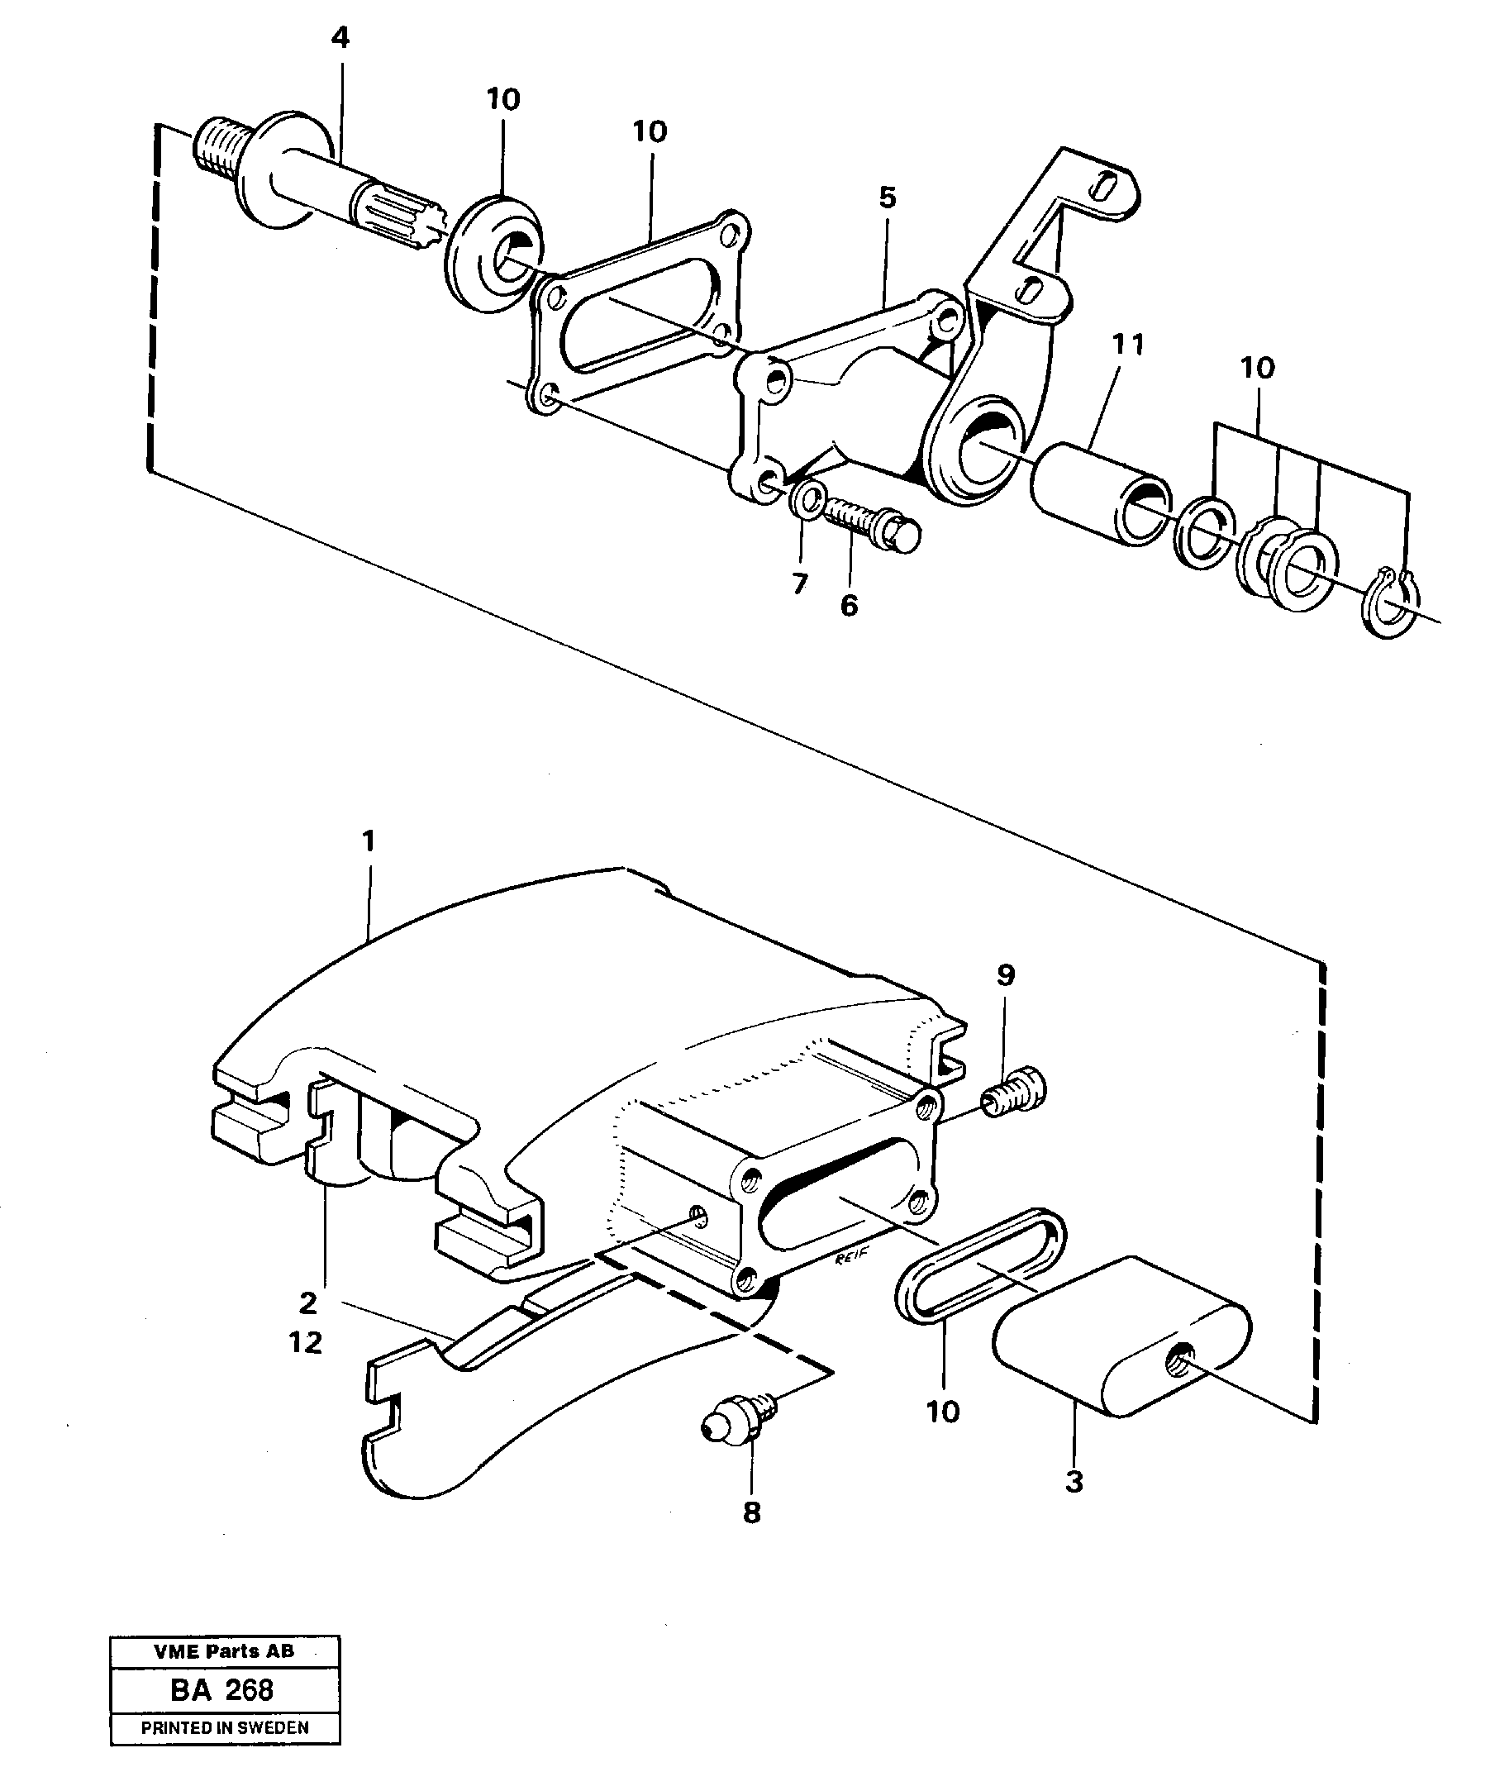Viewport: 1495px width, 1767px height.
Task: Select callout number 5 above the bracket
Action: point(887,198)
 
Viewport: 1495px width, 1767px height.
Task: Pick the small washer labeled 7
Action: point(807,500)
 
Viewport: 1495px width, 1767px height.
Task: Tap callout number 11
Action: point(1128,344)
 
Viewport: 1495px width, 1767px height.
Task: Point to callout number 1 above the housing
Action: point(368,841)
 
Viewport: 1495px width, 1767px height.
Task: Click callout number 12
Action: point(306,1342)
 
